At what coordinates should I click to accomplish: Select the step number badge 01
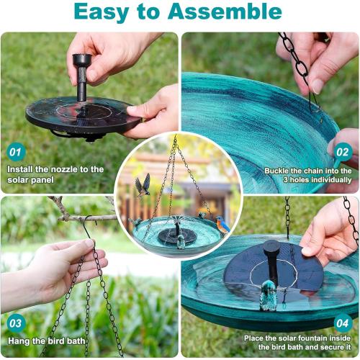[15, 152]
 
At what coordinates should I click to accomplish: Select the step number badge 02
[343, 152]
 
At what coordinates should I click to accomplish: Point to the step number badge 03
[15, 322]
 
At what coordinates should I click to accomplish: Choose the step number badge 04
[343, 322]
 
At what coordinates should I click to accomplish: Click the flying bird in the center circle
[143, 184]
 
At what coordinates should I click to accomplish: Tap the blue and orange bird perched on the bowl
[223, 225]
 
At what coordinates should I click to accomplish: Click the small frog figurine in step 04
[269, 295]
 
